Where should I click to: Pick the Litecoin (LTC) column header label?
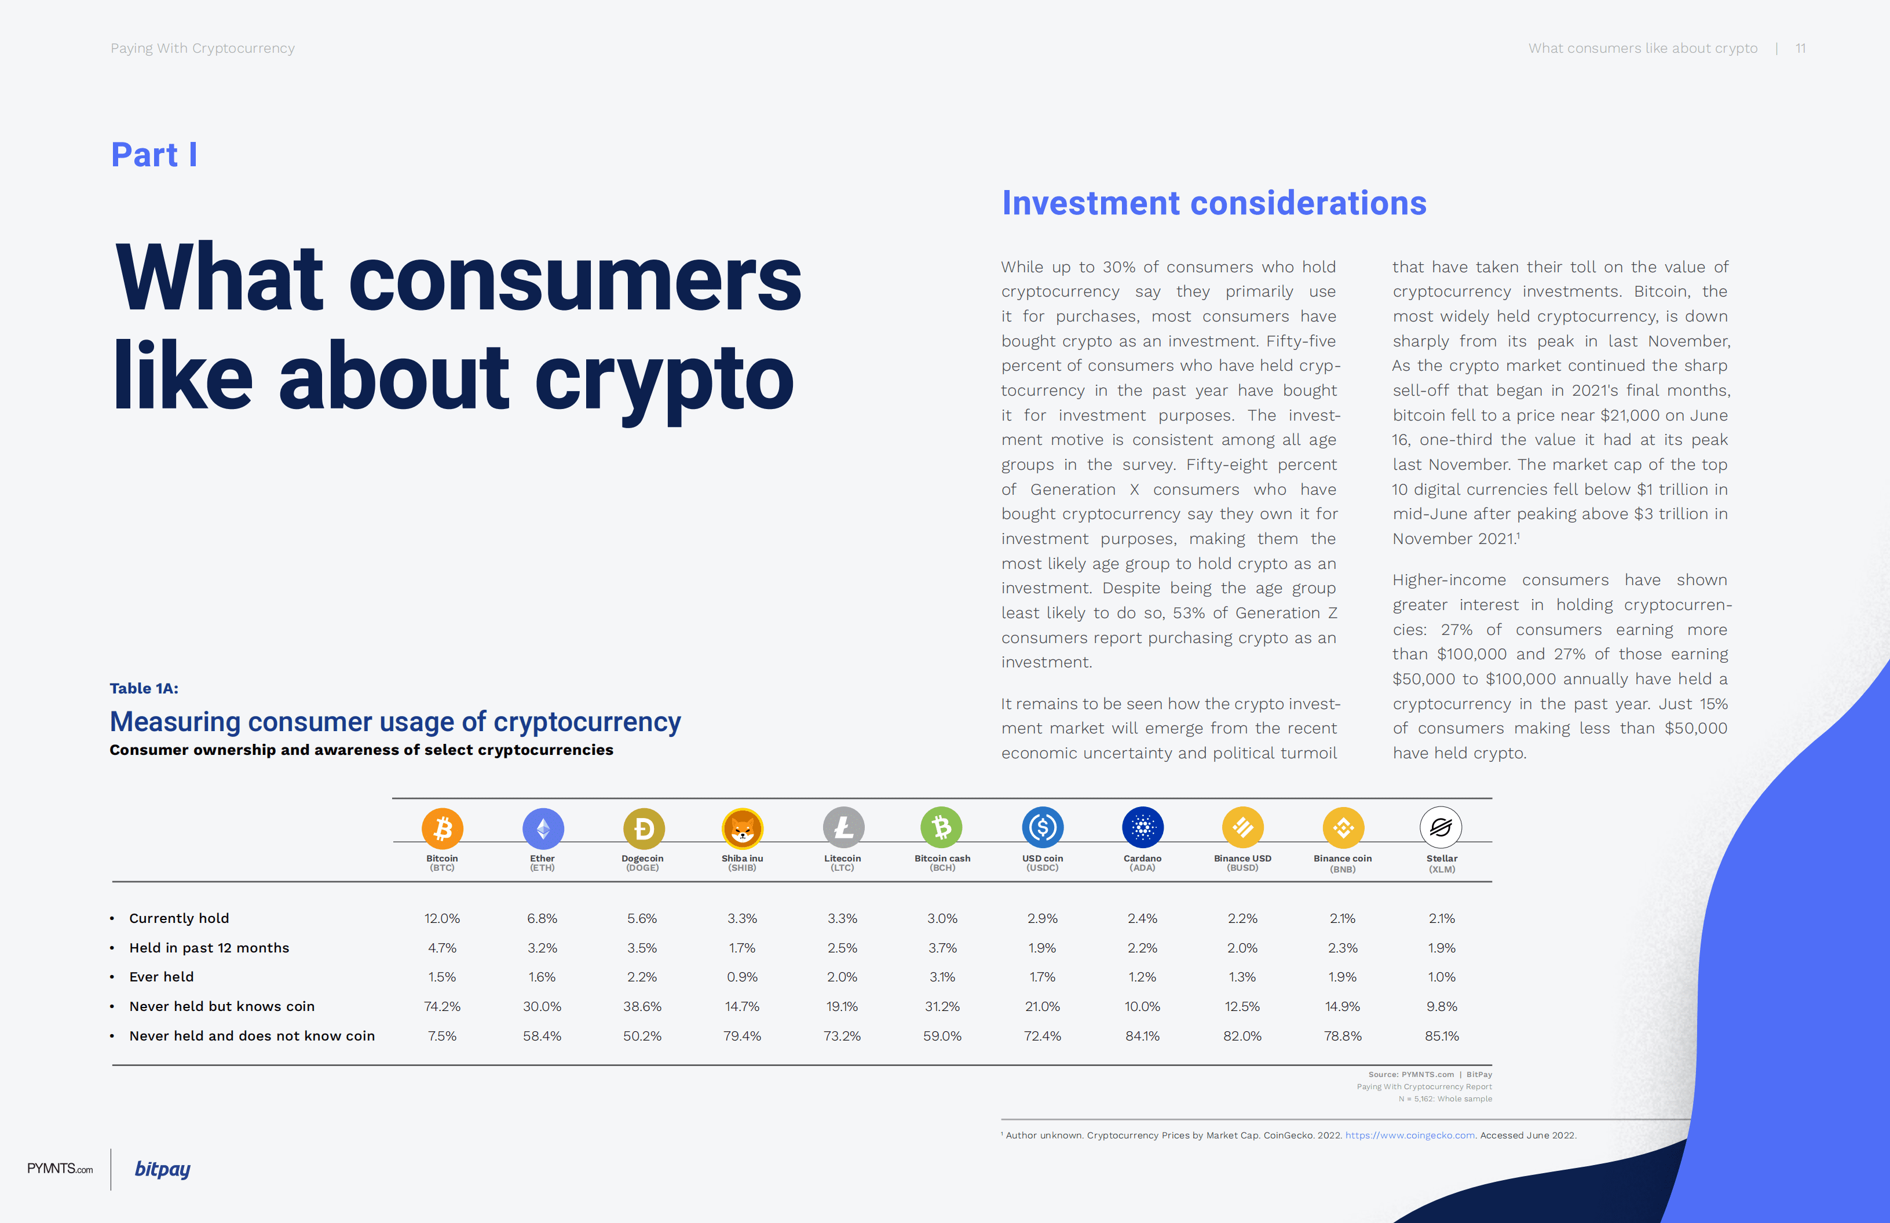(842, 863)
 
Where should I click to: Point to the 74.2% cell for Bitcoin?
(442, 1006)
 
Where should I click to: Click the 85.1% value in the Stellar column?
(1442, 1035)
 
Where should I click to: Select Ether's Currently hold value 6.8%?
(542, 918)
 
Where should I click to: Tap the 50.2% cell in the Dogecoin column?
(642, 1035)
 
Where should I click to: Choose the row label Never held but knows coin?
(221, 1006)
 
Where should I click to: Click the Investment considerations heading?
(1213, 203)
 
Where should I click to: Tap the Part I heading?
(154, 155)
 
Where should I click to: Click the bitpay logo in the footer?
(163, 1169)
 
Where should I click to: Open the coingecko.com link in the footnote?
(1410, 1135)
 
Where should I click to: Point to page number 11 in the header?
(1800, 49)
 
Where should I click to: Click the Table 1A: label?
(144, 688)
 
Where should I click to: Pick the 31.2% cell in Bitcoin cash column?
(942, 1006)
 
